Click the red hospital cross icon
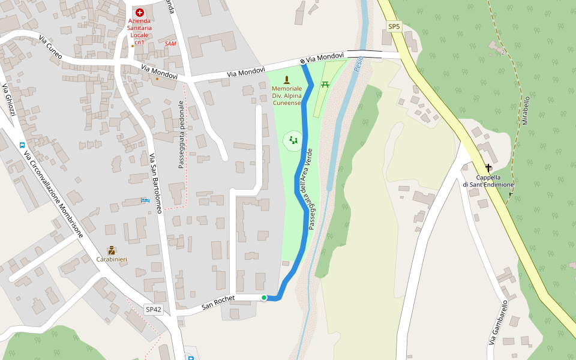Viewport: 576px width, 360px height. click(140, 13)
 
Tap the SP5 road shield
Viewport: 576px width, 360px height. click(394, 26)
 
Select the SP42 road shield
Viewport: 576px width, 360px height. click(154, 310)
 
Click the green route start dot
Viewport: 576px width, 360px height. click(263, 298)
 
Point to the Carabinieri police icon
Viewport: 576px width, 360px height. click(111, 250)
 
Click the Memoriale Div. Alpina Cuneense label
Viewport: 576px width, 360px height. click(286, 95)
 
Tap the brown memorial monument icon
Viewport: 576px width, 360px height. click(286, 79)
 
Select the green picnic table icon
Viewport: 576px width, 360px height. click(325, 84)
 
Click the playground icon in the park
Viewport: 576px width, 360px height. click(293, 140)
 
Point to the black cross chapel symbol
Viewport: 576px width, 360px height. click(488, 168)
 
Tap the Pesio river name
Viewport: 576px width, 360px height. click(359, 64)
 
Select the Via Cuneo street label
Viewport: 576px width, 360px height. click(51, 47)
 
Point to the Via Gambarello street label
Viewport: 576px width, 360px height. click(499, 323)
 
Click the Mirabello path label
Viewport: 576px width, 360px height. click(526, 110)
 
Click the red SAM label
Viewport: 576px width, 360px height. click(171, 44)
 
